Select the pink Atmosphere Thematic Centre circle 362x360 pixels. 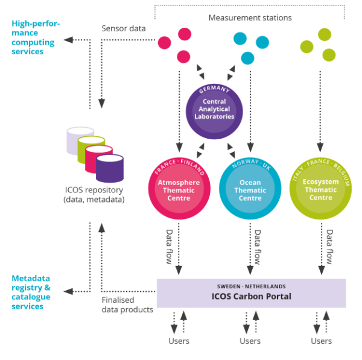[x=179, y=189]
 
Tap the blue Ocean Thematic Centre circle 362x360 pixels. [x=250, y=189]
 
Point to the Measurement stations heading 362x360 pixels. [x=250, y=17]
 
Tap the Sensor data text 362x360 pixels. [x=122, y=28]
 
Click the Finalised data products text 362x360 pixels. [x=125, y=305]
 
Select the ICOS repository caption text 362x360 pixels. [x=94, y=194]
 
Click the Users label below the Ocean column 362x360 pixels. [x=250, y=341]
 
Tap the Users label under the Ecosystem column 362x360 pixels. [x=321, y=341]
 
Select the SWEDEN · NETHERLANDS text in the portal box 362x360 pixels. [x=251, y=286]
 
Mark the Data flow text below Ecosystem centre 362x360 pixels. [x=329, y=247]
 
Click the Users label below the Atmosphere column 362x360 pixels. [x=179, y=341]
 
